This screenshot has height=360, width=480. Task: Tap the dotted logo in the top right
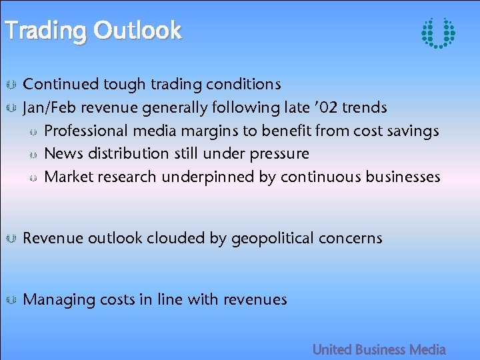point(438,33)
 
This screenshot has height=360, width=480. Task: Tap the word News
point(63,153)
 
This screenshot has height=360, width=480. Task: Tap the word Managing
point(59,300)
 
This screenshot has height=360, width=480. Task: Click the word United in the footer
point(331,349)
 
